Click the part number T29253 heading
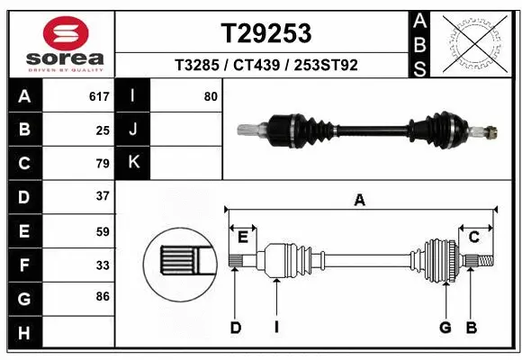click(x=266, y=33)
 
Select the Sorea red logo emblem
click(x=60, y=33)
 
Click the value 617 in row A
click(x=98, y=96)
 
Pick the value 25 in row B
click(x=103, y=130)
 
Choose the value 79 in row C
click(x=103, y=163)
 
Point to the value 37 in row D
click(x=103, y=195)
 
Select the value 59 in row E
click(x=103, y=231)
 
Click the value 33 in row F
click(x=103, y=265)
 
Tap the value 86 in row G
click(x=103, y=295)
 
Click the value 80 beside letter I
click(x=211, y=96)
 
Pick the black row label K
click(x=132, y=163)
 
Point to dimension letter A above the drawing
click(x=360, y=201)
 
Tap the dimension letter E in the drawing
click(x=242, y=237)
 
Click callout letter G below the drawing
click(x=445, y=328)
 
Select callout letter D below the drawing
click(x=235, y=328)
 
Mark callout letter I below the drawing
click(x=276, y=328)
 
